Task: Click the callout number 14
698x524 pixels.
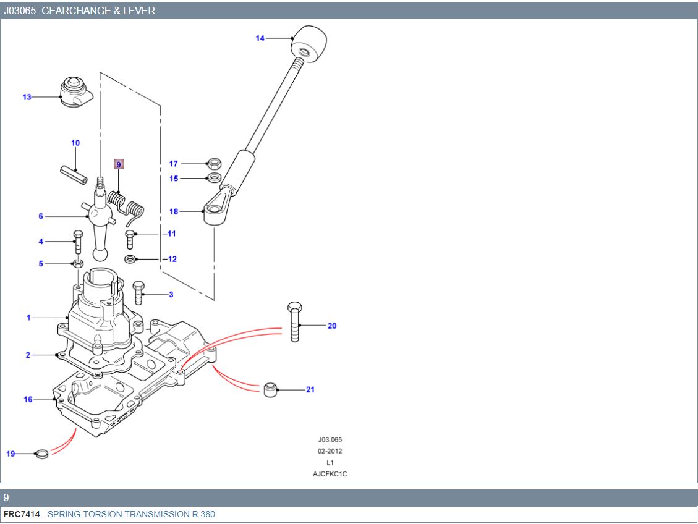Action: [x=260, y=38]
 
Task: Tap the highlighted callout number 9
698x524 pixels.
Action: [x=119, y=164]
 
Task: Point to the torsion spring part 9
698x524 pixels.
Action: [x=127, y=205]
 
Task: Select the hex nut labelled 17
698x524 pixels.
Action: [x=213, y=164]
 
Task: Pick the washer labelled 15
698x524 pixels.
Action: [x=213, y=178]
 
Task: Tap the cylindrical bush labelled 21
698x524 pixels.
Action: [x=270, y=390]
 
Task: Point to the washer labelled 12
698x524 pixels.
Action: [x=132, y=258]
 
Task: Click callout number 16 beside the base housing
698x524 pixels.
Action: [x=28, y=399]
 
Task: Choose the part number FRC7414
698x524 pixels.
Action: [x=20, y=514]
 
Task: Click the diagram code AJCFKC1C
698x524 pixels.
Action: [x=330, y=473]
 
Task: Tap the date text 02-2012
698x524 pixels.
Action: [x=330, y=451]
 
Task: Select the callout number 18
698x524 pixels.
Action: [x=174, y=211]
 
